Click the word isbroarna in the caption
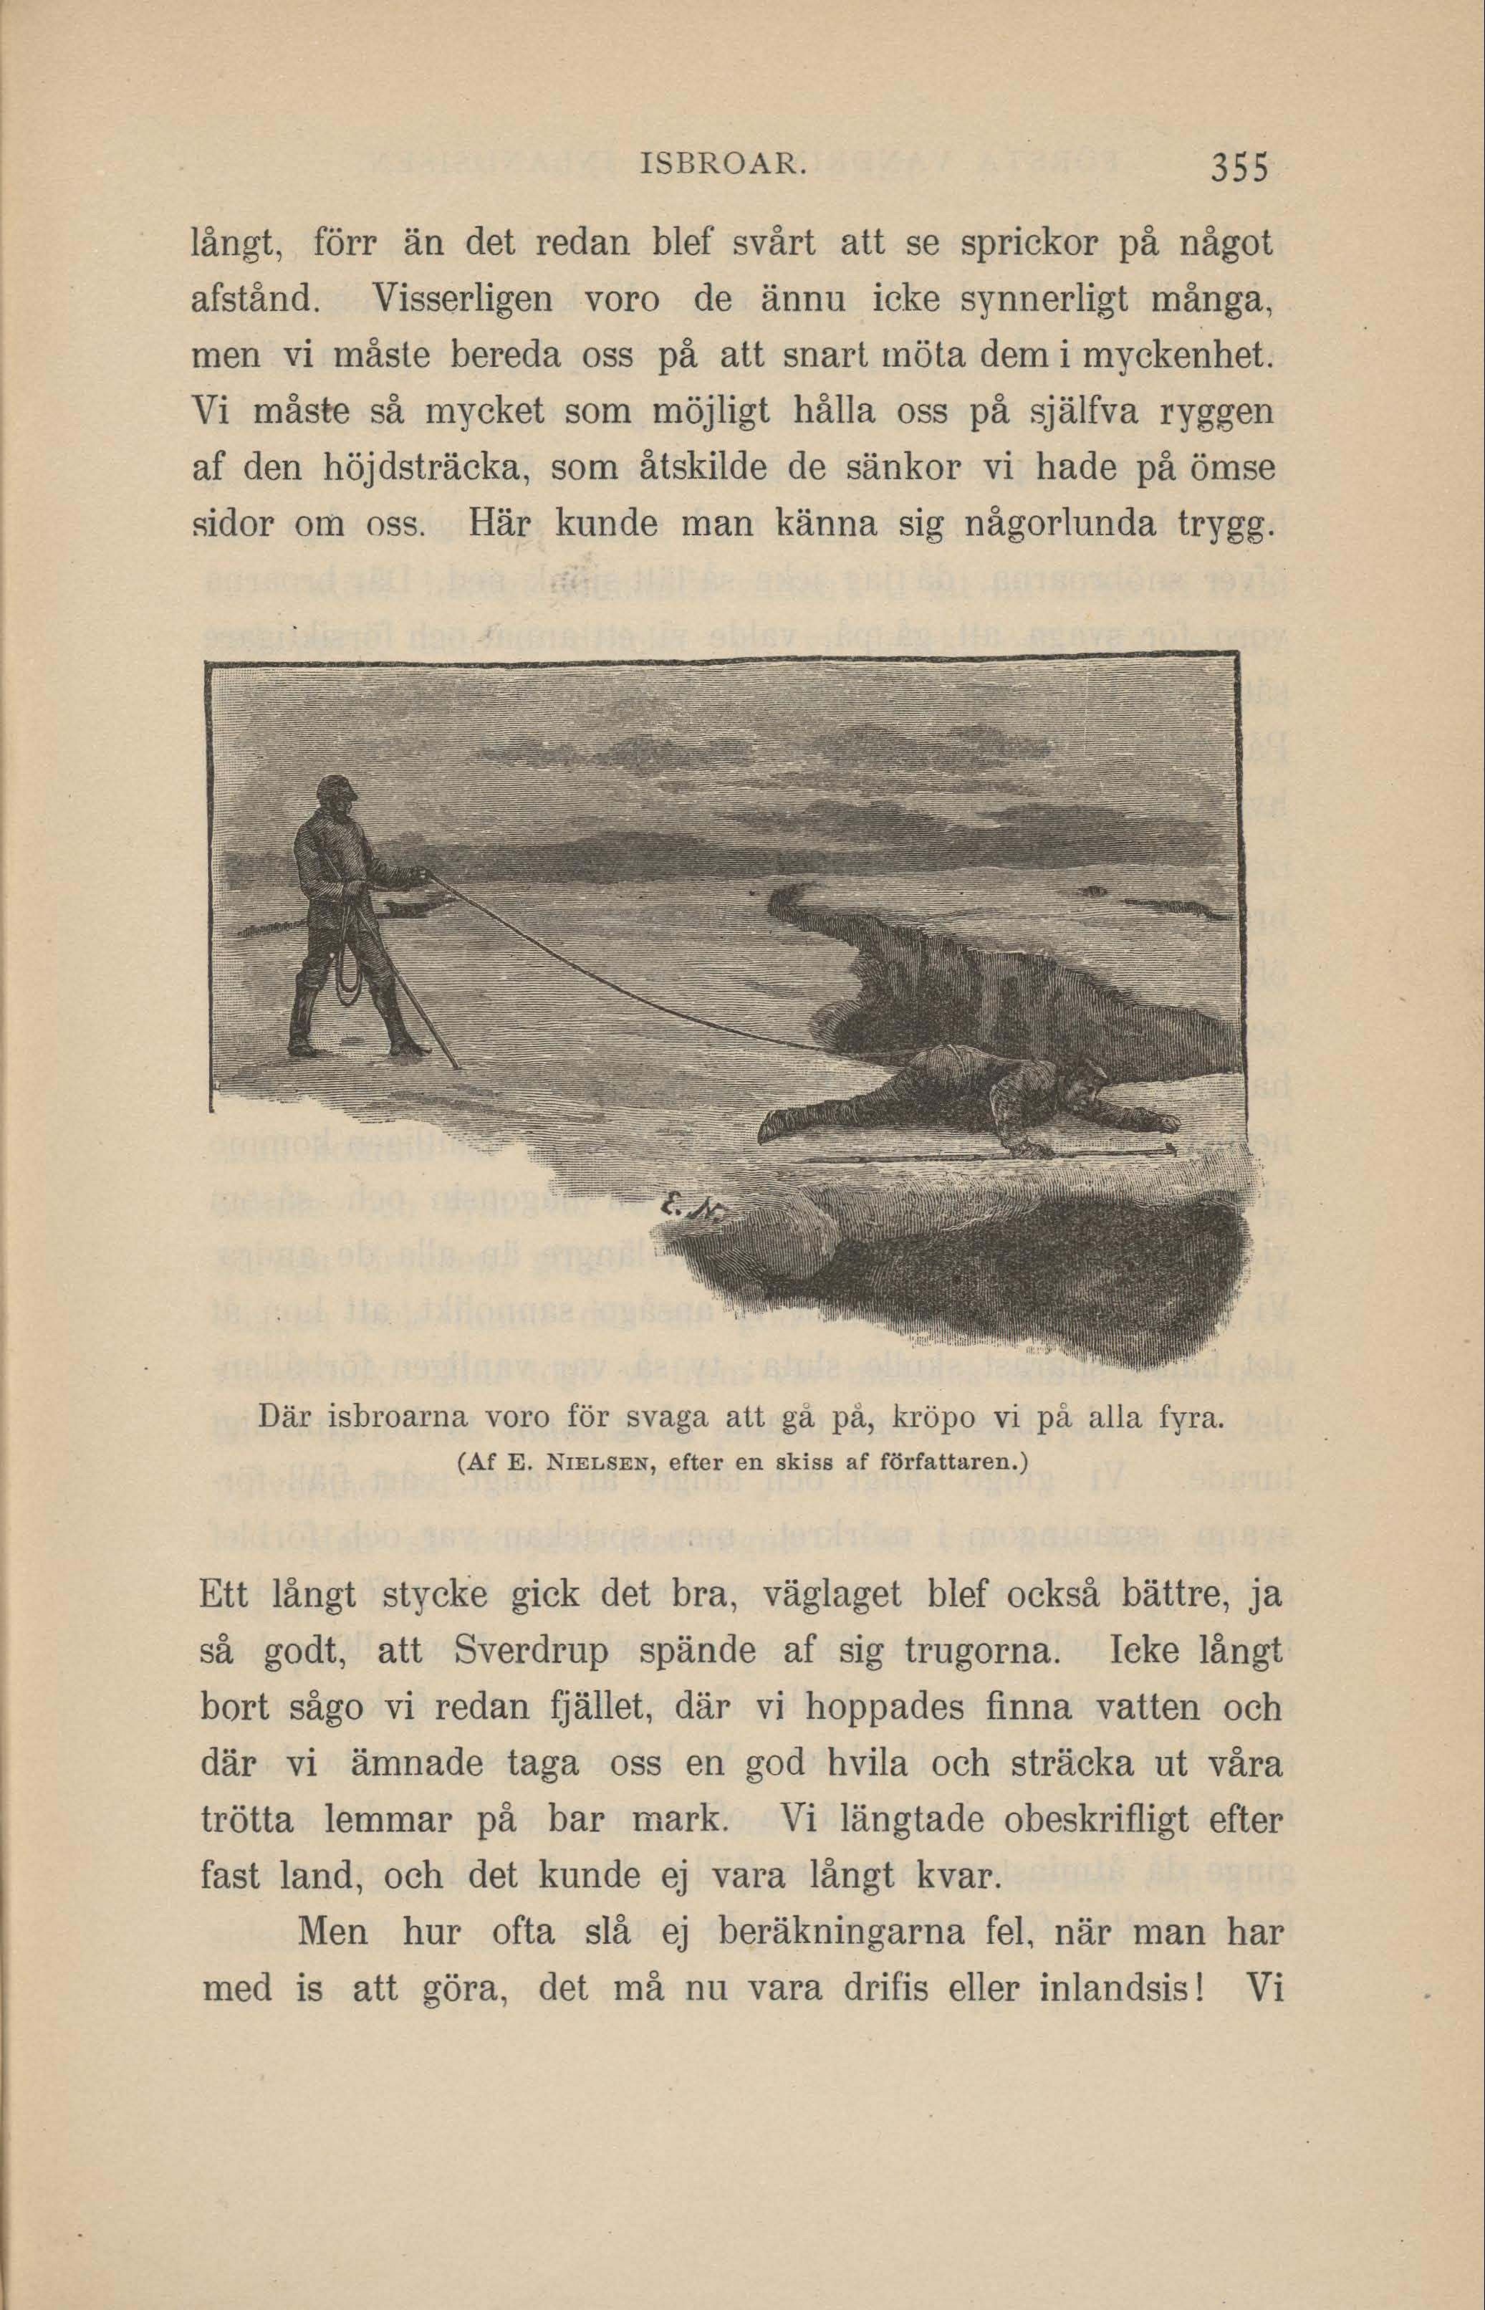point(399,1421)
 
